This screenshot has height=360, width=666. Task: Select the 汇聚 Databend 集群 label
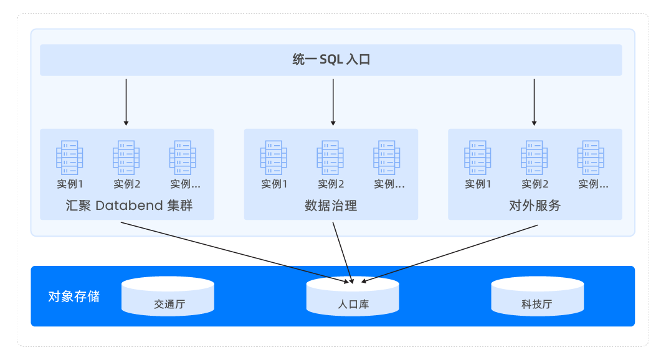click(x=129, y=206)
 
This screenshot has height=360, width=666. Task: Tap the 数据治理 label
click(x=331, y=206)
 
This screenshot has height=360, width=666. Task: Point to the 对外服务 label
click(x=535, y=206)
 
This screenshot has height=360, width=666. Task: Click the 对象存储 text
click(x=74, y=296)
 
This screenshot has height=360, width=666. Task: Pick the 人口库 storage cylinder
click(x=353, y=297)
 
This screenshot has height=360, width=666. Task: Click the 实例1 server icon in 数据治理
click(x=274, y=158)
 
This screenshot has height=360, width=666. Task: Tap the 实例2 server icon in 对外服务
click(x=535, y=158)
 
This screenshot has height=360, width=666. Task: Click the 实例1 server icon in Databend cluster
click(x=70, y=158)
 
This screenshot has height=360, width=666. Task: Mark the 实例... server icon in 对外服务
click(x=591, y=158)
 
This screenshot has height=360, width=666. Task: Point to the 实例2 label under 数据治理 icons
click(x=331, y=184)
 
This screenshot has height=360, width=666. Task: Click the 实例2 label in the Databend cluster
click(x=127, y=184)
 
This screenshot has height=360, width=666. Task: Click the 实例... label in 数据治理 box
click(x=389, y=184)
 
